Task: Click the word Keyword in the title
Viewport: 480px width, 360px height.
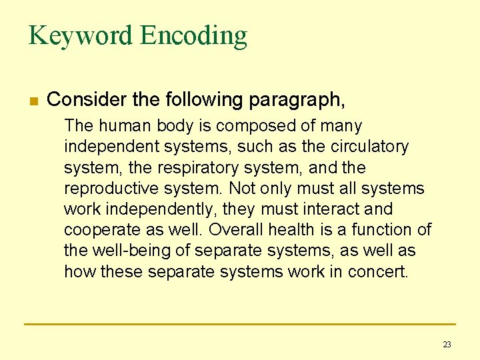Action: (80, 35)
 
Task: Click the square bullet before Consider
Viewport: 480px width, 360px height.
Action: (33, 101)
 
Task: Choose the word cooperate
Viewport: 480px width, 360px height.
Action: (99, 230)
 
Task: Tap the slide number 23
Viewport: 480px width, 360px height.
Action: (447, 344)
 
